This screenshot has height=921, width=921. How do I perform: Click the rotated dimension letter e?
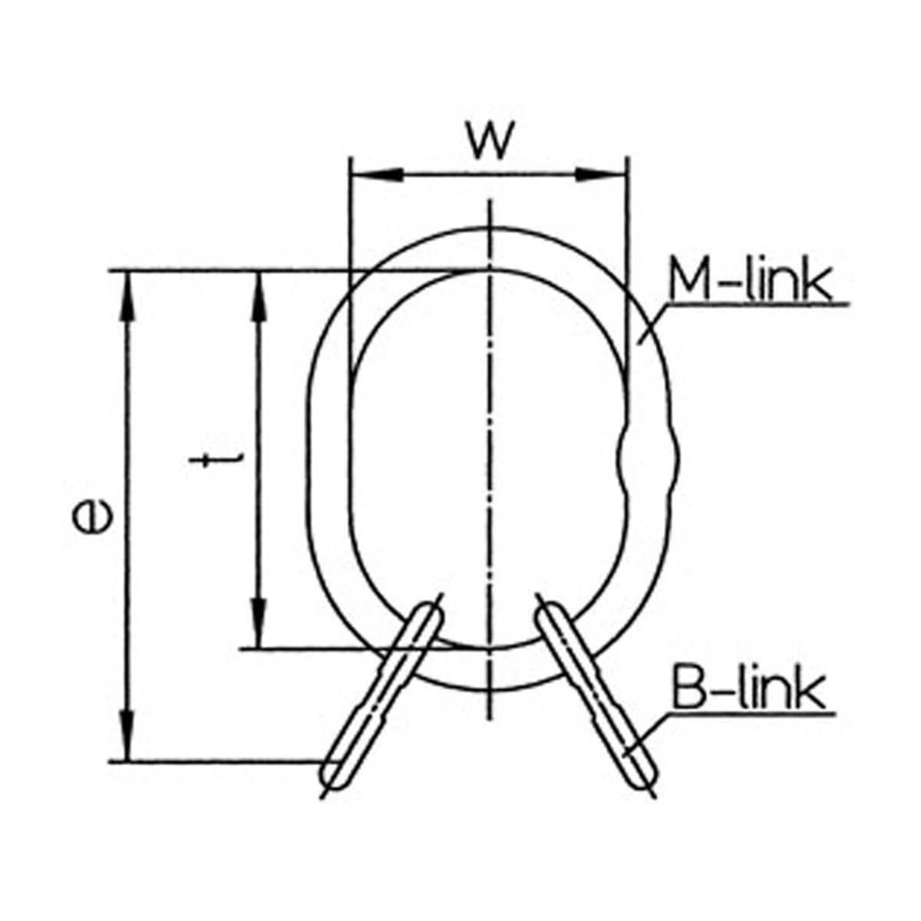coord(92,519)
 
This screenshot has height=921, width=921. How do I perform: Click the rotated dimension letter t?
coord(216,461)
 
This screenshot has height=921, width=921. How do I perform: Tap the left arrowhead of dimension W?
coord(377,175)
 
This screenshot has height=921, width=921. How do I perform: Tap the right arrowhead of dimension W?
coord(600,175)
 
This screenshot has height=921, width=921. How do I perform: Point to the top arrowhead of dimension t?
coord(259,296)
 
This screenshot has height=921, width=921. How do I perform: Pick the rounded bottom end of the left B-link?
coord(332,775)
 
